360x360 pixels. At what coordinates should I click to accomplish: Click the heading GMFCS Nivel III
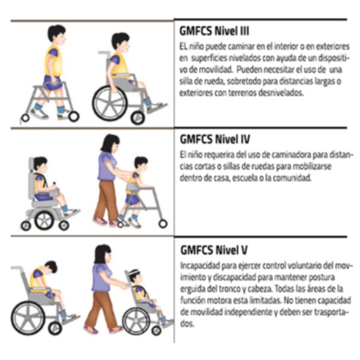pos(214,31)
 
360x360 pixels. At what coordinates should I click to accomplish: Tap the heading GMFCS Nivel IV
pos(215,139)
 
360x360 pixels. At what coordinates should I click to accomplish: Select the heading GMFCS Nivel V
pos(214,250)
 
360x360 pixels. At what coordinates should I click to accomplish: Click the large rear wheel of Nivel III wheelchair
pos(110,103)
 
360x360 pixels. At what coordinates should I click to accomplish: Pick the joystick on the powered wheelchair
pos(55,184)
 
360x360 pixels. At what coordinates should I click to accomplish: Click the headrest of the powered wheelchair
pos(31,163)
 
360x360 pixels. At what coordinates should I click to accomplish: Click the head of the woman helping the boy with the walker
pos(110,143)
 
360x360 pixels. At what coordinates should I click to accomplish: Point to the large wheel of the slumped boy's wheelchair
pos(28,318)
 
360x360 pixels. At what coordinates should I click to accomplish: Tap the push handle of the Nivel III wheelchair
pos(104,53)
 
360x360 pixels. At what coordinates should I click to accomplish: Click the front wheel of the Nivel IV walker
pos(163,223)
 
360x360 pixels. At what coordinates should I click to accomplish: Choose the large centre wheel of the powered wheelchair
pos(44,220)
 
